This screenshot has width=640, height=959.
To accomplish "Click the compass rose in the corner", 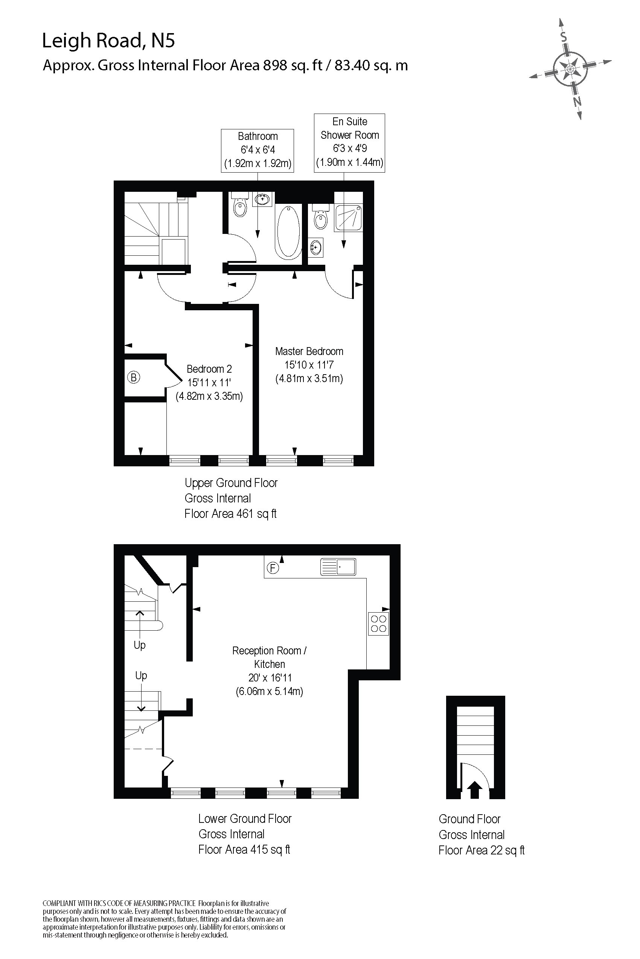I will (x=570, y=68).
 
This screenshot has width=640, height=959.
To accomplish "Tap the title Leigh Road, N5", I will (x=108, y=41).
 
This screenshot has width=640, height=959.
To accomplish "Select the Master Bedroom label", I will (x=309, y=352).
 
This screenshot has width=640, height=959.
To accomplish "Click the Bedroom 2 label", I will (x=209, y=369).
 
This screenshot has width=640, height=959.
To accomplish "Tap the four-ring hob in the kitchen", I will (x=378, y=624).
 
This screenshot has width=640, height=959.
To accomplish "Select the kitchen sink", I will (x=338, y=567).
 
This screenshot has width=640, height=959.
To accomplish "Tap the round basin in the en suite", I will (x=315, y=247).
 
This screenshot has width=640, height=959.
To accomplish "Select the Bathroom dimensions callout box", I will (x=258, y=150).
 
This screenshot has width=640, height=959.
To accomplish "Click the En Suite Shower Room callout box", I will (x=349, y=143).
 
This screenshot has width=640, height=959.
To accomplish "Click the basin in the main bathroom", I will (x=262, y=199).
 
